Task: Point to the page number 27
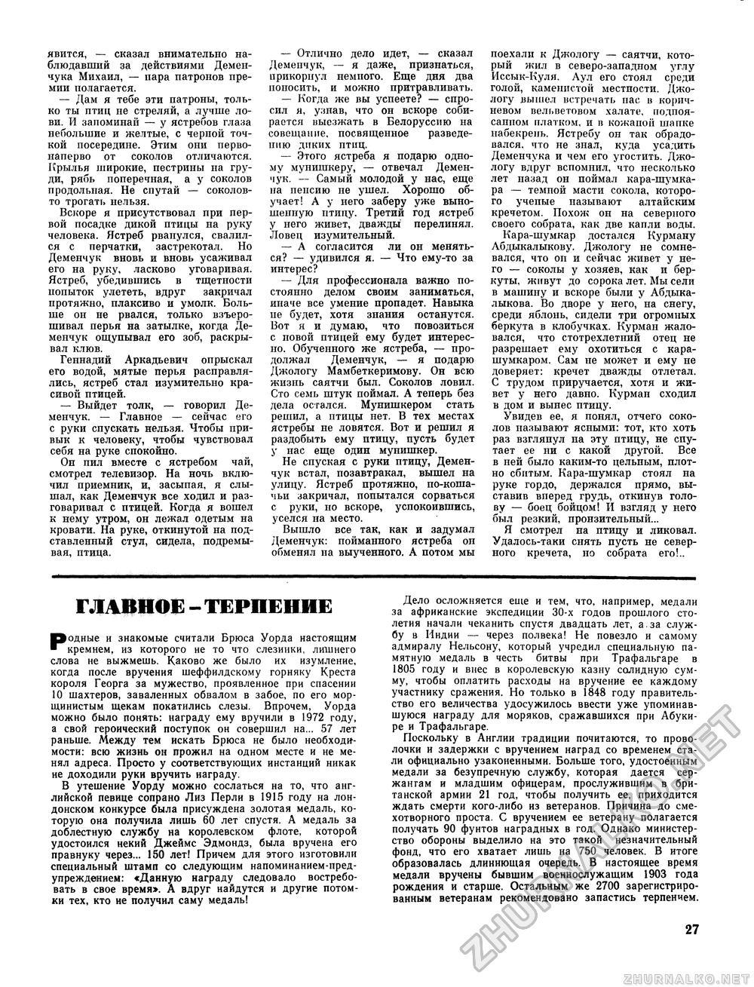click(694, 930)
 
